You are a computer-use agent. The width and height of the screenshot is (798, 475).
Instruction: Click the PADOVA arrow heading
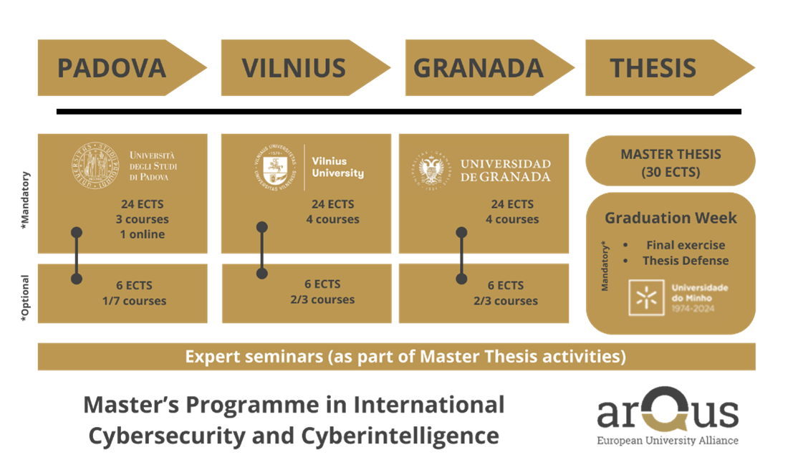pyautogui.click(x=122, y=68)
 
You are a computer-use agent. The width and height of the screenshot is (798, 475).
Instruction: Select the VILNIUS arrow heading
pyautogui.click(x=305, y=68)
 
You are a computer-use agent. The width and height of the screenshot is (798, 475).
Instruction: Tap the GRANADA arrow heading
pyautogui.click(x=489, y=68)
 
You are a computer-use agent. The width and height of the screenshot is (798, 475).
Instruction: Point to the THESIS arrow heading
pyautogui.click(x=670, y=68)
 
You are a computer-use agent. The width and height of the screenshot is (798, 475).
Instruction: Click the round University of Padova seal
pyautogui.click(x=95, y=165)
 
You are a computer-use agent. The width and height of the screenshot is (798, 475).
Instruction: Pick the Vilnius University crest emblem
pyautogui.click(x=275, y=168)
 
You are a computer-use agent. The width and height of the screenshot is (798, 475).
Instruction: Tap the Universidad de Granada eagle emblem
pyautogui.click(x=431, y=170)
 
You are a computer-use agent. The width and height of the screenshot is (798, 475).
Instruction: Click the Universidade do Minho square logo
pyautogui.click(x=646, y=298)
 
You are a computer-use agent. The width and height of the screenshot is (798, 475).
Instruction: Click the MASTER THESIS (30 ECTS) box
pyautogui.click(x=670, y=161)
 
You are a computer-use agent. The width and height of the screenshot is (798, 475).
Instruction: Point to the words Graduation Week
pyautogui.click(x=670, y=218)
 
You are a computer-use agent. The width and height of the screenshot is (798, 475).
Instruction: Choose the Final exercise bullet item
pyautogui.click(x=686, y=245)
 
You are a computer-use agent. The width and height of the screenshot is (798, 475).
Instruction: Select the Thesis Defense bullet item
pyautogui.click(x=686, y=261)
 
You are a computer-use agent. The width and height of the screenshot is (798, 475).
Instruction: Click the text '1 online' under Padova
pyautogui.click(x=143, y=234)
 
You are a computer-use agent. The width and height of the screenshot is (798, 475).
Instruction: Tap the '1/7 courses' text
pyautogui.click(x=135, y=301)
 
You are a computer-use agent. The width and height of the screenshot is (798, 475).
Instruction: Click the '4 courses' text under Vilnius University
pyautogui.click(x=333, y=219)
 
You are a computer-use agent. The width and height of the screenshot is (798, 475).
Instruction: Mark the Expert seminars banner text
pyautogui.click(x=405, y=356)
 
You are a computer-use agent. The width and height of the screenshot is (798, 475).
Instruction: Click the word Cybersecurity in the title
pyautogui.click(x=168, y=436)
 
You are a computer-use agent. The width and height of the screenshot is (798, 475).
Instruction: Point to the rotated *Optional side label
pyautogui.click(x=25, y=298)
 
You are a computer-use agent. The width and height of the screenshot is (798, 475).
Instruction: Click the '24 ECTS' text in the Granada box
pyautogui.click(x=512, y=204)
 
